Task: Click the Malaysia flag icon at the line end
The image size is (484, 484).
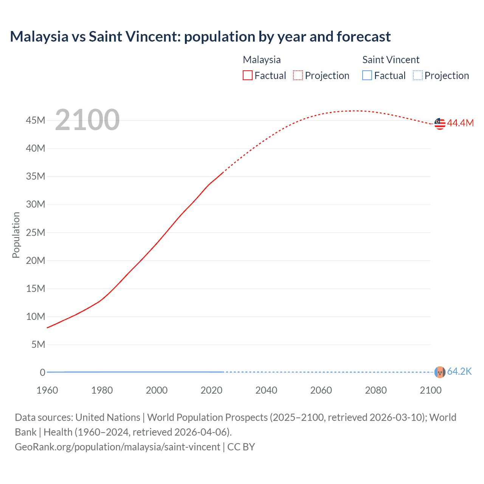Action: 440,124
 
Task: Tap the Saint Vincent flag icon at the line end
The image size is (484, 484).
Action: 440,372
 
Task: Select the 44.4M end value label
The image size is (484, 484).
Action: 460,123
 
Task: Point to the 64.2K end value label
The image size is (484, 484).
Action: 459,371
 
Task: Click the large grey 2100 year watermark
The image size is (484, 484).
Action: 87,120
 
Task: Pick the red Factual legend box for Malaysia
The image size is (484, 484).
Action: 247,76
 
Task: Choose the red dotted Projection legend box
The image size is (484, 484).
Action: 298,76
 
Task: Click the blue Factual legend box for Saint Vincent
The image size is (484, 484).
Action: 367,76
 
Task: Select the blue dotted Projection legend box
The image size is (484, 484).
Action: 417,76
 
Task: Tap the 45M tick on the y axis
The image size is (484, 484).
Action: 36,120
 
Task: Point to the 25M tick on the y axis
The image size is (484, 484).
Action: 36,233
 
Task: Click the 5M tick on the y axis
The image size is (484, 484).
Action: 38,344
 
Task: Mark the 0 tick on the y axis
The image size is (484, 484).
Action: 42,372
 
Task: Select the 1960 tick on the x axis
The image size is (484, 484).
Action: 47,390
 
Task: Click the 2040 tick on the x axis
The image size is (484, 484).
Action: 266,390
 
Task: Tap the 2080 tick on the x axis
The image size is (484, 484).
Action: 376,390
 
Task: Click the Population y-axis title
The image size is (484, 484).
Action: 16,235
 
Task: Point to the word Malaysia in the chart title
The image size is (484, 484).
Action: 39,37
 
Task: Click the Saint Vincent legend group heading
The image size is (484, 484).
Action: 391,60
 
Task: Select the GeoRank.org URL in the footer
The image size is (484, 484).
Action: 117,447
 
